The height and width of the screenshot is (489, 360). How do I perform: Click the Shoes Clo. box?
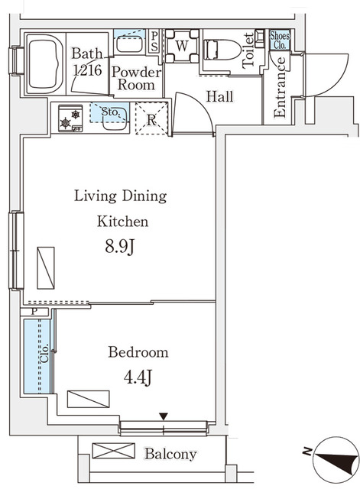click(278, 39)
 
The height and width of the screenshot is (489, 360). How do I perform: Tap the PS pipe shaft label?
click(154, 40)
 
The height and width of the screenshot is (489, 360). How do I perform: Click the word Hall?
click(219, 97)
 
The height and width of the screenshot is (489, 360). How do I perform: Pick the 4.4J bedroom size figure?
click(138, 377)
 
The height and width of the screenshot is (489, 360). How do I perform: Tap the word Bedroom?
click(138, 352)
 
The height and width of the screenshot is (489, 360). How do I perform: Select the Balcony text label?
click(170, 454)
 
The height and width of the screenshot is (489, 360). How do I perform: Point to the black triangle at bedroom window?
click(162, 416)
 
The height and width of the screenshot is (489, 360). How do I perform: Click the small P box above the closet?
click(35, 312)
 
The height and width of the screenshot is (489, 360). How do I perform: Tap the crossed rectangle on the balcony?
click(113, 451)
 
